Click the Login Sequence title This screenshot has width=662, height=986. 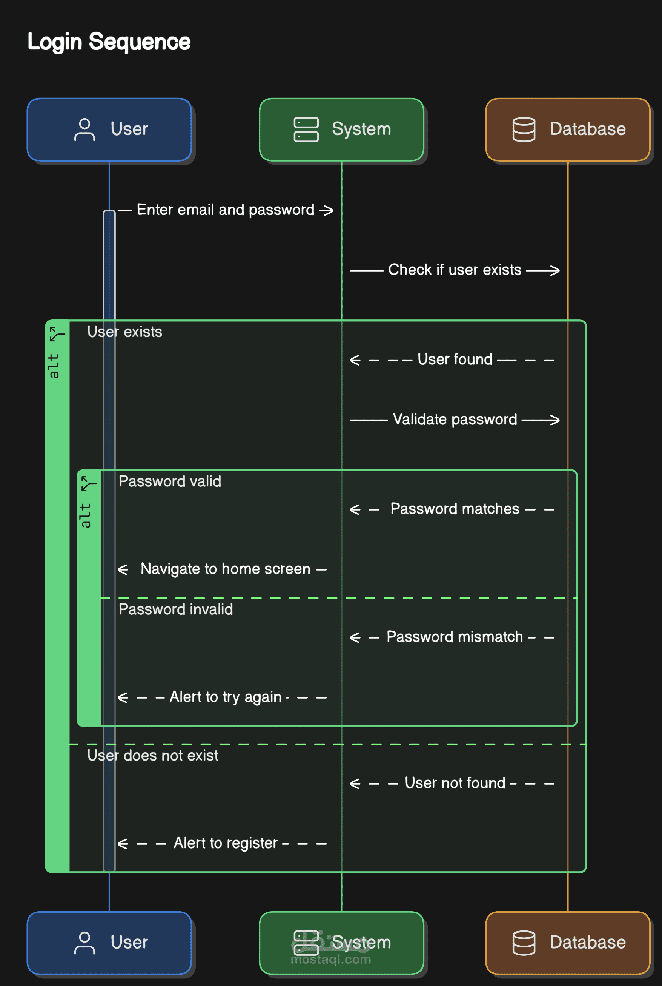click(109, 42)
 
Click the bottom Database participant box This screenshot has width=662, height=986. click(568, 943)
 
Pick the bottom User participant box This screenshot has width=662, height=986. click(109, 943)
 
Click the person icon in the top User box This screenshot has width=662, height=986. click(84, 129)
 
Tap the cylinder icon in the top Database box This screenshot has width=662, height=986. click(524, 129)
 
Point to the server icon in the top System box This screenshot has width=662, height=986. click(306, 129)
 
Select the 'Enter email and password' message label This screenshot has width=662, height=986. click(226, 210)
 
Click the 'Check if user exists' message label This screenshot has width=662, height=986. click(455, 270)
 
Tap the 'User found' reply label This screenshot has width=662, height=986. click(455, 359)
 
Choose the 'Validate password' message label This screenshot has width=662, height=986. click(455, 419)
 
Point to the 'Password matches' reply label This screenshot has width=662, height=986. click(455, 509)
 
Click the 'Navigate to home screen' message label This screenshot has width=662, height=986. click(226, 569)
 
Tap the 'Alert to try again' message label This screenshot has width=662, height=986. click(226, 697)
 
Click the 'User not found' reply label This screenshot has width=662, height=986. click(455, 783)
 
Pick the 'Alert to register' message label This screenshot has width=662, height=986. click(226, 843)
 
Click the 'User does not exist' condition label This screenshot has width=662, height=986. click(152, 755)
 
